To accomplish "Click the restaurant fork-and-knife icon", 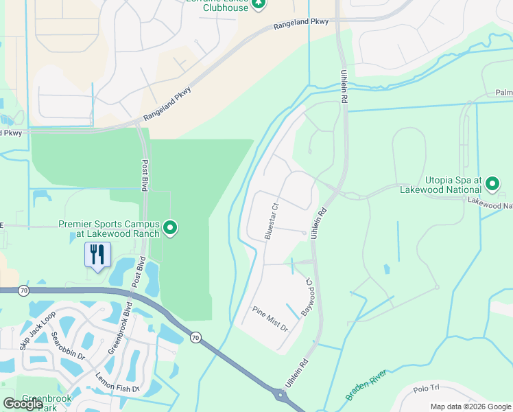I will coord(97,255).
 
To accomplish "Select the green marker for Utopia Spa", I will coord(492,183).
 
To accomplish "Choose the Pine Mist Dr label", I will coord(271,319).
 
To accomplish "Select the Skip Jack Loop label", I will coord(38,330).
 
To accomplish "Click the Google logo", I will coord(23,404).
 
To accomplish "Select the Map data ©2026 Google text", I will coord(470,407).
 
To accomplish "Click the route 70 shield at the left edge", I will coord(23,290).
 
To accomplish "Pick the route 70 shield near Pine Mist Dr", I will coord(196,337).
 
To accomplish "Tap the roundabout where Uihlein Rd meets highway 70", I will coord(280,396).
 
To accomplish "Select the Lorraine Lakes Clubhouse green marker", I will coord(259,4).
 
